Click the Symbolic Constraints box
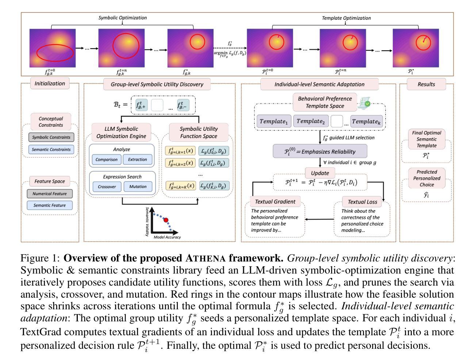51,137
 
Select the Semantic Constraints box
51,149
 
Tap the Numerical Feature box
50,194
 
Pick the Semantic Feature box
50,205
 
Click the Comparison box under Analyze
107,159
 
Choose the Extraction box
138,159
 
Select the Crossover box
107,186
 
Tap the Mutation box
138,186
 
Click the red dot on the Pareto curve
166,220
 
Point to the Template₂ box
311,121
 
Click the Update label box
320,173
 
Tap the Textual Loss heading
362,202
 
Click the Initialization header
50,83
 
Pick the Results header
426,84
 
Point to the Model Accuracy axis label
167,237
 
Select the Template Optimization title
346,18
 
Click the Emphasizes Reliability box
320,152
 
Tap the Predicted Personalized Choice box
426,178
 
